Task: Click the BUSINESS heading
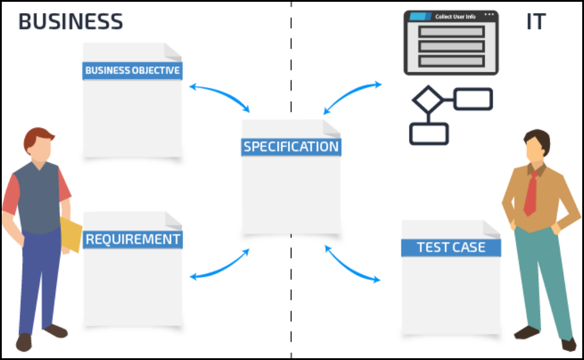pos(71,22)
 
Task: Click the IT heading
pos(535,22)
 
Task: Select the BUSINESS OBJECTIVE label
pos(132,71)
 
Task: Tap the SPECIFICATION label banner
pos(291,146)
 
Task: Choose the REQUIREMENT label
pos(132,239)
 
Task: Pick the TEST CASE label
pos(450,247)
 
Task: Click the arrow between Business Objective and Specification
pos(219,95)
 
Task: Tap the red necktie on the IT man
pos(531,193)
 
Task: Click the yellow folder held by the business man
pos(71,234)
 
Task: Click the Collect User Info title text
pos(456,17)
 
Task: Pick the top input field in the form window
pos(451,31)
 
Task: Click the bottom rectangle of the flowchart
pos(429,134)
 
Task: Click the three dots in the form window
pos(489,14)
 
